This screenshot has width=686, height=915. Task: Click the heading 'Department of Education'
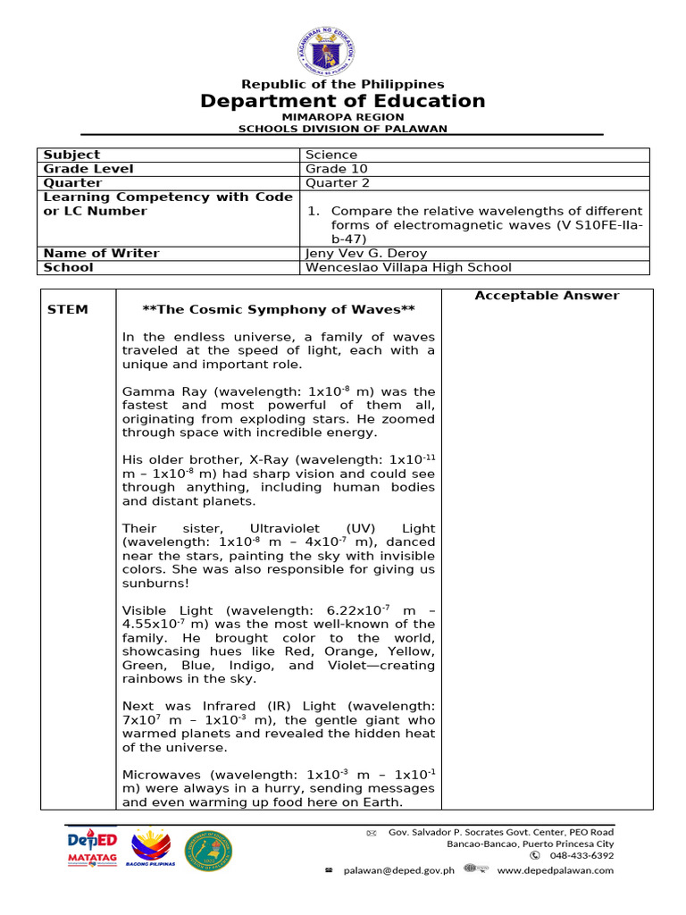click(342, 101)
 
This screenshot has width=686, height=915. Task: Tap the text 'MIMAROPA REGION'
click(343, 117)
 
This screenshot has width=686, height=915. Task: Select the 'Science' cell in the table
click(331, 155)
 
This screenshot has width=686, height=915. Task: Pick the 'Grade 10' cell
click(336, 169)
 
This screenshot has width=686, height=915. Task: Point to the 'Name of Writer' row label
click(101, 253)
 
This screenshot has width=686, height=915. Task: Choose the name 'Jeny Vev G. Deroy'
click(365, 253)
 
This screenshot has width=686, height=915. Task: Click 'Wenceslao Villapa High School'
click(408, 267)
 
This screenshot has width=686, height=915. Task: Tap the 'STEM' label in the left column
click(67, 310)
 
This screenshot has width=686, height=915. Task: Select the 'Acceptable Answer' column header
click(547, 296)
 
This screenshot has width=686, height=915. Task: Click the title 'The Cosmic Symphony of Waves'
click(279, 310)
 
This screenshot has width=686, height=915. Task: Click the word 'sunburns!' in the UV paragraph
click(150, 583)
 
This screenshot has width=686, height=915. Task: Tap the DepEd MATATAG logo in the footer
click(93, 848)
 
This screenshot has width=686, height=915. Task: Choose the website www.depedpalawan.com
click(555, 870)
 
